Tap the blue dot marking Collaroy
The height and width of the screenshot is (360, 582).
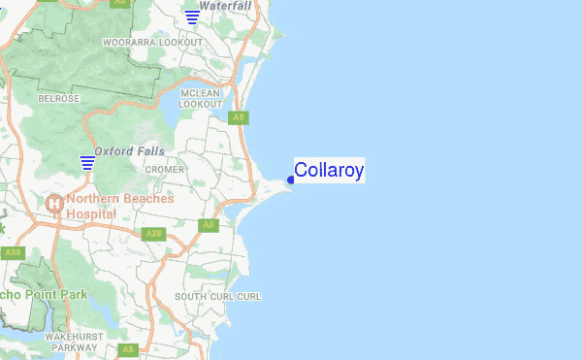291,180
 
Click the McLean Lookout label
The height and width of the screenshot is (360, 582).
201,97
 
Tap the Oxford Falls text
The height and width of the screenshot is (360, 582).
129,151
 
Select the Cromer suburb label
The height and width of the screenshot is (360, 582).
164,169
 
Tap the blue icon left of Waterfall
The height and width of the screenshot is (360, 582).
193,16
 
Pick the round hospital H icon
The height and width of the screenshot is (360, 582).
53,204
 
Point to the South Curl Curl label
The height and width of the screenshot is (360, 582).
218,296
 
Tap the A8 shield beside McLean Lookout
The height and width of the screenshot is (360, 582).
238,117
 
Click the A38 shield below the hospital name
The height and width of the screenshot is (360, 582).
152,234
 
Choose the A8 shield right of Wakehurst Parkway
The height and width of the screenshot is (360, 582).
127,349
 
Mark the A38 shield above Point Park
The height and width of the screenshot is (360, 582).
13,252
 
